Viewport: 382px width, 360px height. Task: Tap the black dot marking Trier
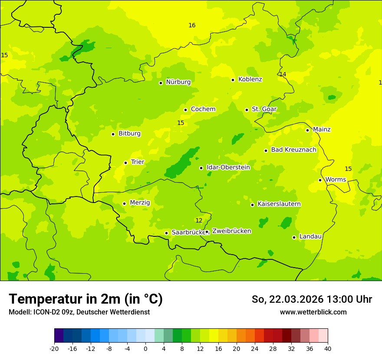pyautogui.click(x=125, y=163)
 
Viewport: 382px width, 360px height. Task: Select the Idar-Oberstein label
pyautogui.click(x=228, y=167)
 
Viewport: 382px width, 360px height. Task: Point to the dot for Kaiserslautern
pyautogui.click(x=252, y=205)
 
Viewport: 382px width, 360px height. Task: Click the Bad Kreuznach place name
pyautogui.click(x=293, y=150)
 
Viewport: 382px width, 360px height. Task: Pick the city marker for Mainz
pyautogui.click(x=307, y=130)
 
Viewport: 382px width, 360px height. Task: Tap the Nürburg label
pyautogui.click(x=178, y=82)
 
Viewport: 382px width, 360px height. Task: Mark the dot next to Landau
pyautogui.click(x=294, y=237)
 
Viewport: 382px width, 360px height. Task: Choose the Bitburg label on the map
pyautogui.click(x=129, y=134)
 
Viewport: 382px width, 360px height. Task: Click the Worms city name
pyautogui.click(x=336, y=180)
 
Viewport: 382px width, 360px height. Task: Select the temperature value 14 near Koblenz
pyautogui.click(x=283, y=75)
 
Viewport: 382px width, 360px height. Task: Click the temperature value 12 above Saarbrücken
pyautogui.click(x=199, y=221)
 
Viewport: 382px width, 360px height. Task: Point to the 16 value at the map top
pyautogui.click(x=192, y=26)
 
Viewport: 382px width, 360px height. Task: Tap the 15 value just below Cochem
pyautogui.click(x=181, y=123)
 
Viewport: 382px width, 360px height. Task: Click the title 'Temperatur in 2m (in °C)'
pyautogui.click(x=86, y=299)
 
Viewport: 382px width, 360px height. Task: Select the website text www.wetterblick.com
pyautogui.click(x=313, y=312)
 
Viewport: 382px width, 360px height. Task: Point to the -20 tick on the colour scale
pyautogui.click(x=54, y=348)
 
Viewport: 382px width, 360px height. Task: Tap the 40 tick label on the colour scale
pyautogui.click(x=328, y=348)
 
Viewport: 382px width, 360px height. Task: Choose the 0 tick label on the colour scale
pyautogui.click(x=145, y=348)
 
